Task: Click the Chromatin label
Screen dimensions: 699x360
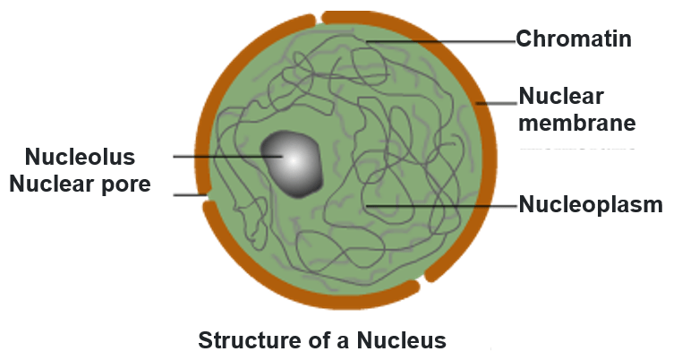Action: point(574,39)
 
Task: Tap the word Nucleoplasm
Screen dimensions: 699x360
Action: point(591,205)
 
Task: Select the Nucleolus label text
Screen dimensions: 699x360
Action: point(81,158)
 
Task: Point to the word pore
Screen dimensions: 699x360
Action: point(126,184)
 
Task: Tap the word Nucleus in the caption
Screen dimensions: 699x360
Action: point(402,340)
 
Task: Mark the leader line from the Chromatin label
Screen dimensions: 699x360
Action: point(439,40)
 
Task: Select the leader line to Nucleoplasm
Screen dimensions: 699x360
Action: point(443,206)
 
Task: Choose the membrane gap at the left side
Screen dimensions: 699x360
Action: point(207,194)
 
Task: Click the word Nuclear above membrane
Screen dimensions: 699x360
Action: point(561,96)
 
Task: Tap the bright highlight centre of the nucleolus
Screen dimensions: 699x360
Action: point(289,158)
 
